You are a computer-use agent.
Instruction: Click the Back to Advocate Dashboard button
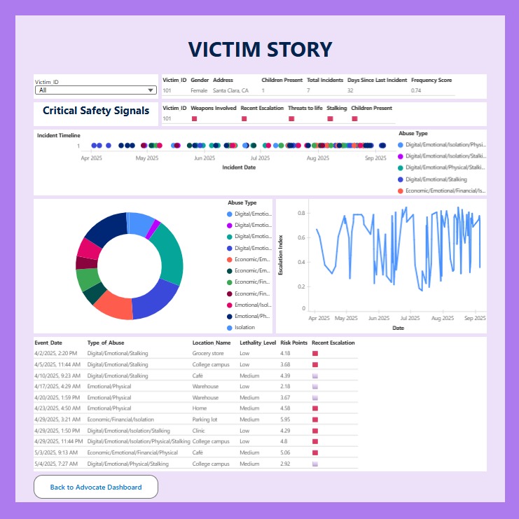[96, 487]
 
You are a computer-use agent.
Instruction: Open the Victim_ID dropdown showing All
[96, 90]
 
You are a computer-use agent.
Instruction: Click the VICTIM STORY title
[260, 49]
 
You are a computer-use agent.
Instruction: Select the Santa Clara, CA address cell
[230, 90]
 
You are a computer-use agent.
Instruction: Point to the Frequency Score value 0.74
[416, 90]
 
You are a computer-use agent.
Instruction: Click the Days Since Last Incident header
[377, 81]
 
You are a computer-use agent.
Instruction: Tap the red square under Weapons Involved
[194, 119]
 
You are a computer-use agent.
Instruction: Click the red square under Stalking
[330, 119]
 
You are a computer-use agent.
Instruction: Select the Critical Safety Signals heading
[96, 111]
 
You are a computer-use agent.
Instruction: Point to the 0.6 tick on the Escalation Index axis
[302, 237]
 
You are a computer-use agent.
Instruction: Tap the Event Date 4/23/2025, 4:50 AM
[57, 408]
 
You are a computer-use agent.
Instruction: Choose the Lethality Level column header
[257, 343]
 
